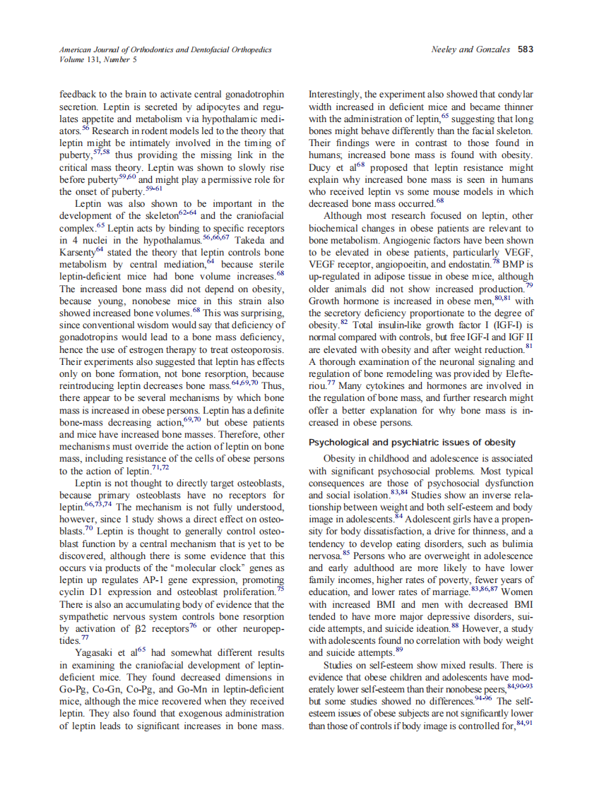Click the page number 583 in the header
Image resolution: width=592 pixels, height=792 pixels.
pyautogui.click(x=525, y=49)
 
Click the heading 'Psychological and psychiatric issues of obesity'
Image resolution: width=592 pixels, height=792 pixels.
pyautogui.click(x=412, y=443)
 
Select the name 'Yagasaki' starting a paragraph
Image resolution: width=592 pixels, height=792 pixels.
pyautogui.click(x=97, y=653)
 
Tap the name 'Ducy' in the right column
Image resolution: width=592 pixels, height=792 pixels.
pyautogui.click(x=321, y=168)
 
